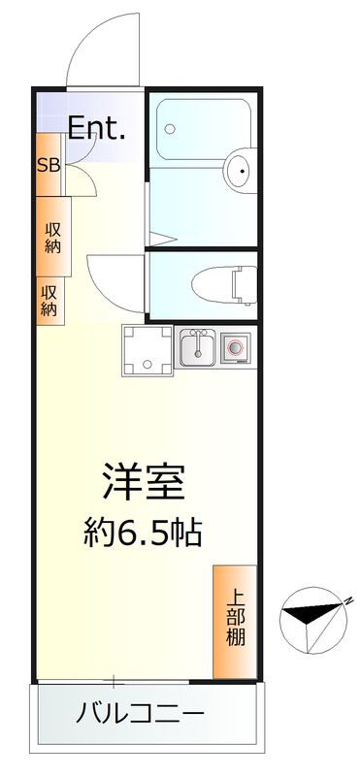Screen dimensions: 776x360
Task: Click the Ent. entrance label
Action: click(97, 128)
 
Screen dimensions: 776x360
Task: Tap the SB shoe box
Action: click(49, 164)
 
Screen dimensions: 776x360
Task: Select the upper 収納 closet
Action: click(52, 238)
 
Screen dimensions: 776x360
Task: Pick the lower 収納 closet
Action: click(49, 300)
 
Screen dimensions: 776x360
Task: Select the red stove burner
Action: click(235, 346)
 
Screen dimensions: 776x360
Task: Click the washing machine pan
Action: click(147, 350)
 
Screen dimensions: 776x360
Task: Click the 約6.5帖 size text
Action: click(144, 531)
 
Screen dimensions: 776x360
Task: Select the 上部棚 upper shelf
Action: click(236, 621)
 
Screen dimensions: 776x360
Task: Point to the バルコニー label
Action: click(140, 716)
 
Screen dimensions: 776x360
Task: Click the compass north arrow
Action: click(311, 615)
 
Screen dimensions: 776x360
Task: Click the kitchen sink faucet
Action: click(198, 337)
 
